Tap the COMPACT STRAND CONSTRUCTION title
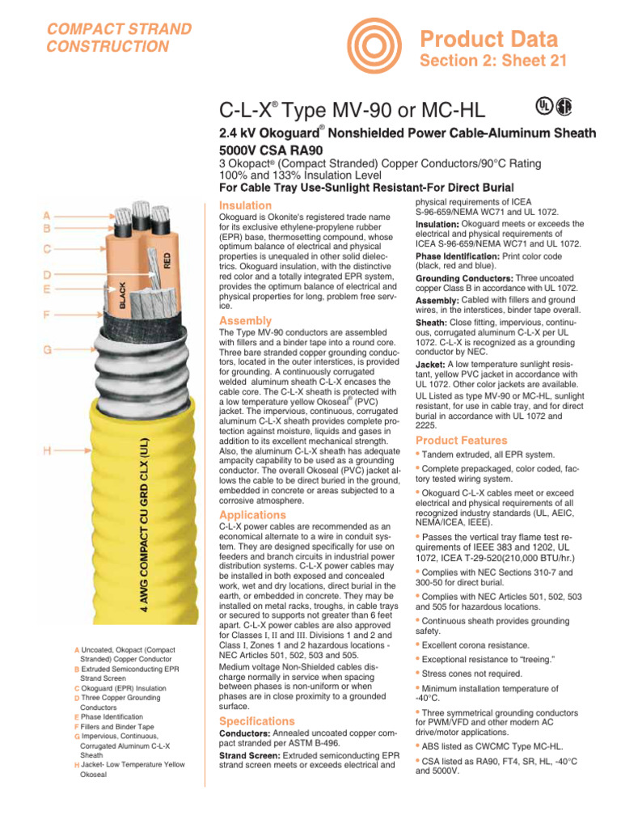tap(120, 38)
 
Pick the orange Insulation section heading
tap(246, 205)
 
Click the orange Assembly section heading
tap(246, 321)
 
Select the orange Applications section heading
tap(252, 514)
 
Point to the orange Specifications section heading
tap(258, 720)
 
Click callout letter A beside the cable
tap(47, 216)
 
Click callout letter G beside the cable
tap(47, 350)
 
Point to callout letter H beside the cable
tap(47, 451)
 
